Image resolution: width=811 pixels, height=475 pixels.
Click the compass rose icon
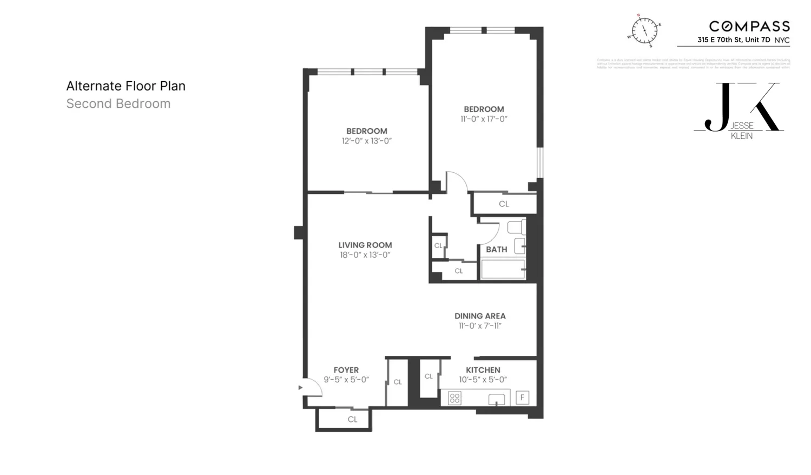click(645, 30)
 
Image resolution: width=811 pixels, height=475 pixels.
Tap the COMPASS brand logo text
click(749, 26)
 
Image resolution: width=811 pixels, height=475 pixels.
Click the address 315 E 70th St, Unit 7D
click(734, 40)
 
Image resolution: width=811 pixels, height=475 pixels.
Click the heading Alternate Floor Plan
click(126, 86)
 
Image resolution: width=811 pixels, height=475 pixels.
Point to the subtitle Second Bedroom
click(118, 103)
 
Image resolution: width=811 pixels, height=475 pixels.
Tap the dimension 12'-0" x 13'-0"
click(366, 141)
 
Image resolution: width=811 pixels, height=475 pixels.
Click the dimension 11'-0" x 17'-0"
click(484, 119)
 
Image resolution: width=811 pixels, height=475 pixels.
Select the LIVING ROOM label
click(365, 245)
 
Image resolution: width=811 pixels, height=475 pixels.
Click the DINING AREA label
click(480, 316)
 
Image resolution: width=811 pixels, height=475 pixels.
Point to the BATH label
click(496, 250)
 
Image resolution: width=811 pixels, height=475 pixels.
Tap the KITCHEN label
click(483, 370)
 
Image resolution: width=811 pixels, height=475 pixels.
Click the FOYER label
click(346, 370)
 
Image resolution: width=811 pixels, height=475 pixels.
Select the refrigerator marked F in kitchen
click(522, 398)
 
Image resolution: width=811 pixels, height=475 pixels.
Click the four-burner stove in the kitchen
click(454, 399)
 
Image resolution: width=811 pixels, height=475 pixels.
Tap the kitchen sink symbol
click(497, 399)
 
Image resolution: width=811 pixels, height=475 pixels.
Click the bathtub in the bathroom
click(503, 269)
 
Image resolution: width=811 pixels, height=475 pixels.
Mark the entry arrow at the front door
click(300, 388)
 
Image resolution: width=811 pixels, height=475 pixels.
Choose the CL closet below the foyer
click(352, 419)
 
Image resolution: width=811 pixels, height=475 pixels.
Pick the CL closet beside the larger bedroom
click(504, 204)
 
